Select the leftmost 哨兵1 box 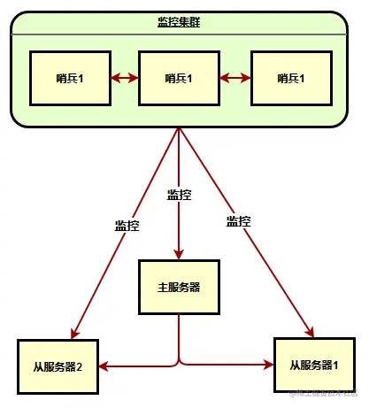69,78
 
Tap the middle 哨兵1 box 179,78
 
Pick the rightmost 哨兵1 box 291,78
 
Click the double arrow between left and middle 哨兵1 124,78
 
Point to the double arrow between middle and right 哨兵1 234,78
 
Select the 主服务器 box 179,287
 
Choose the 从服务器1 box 313,364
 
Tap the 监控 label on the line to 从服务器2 127,225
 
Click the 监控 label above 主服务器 179,194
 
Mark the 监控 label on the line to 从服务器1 238,221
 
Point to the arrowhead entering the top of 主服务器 179,255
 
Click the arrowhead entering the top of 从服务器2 74,334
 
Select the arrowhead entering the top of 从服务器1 311,332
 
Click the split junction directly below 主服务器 179,360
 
